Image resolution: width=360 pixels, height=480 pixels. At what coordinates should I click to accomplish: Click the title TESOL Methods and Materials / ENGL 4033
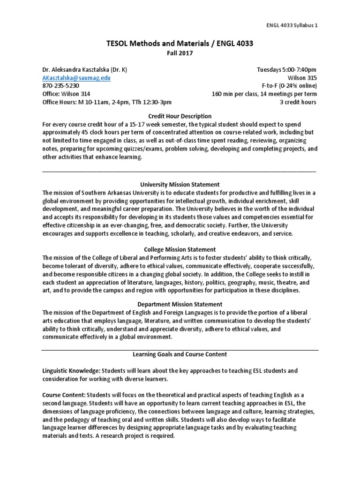180,44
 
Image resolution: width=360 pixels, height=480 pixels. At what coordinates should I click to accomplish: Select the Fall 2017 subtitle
180,53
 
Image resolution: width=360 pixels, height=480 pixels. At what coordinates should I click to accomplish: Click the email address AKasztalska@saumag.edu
76,78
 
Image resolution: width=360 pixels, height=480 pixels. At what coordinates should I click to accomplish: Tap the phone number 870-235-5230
60,86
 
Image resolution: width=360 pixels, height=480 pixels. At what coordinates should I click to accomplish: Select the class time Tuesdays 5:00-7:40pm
286,70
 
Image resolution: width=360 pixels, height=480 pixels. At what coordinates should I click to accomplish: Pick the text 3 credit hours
298,102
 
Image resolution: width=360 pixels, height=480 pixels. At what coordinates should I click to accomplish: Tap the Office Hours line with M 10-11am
107,102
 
